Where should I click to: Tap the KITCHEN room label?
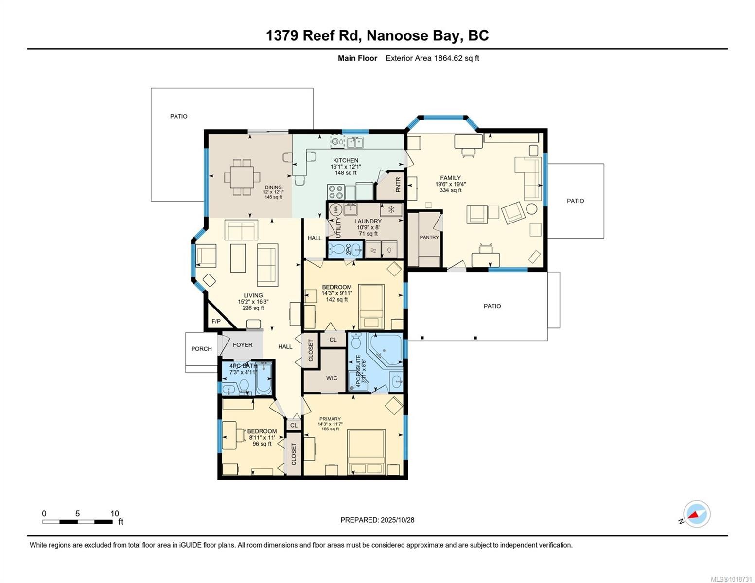click(x=345, y=160)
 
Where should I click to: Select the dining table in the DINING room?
click(x=242, y=177)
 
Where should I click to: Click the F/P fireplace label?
click(x=216, y=322)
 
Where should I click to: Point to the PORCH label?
click(x=201, y=349)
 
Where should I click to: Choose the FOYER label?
click(x=243, y=345)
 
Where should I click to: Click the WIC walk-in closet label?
click(x=332, y=378)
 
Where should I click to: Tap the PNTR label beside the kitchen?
click(x=398, y=185)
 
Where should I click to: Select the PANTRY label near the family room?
click(x=429, y=237)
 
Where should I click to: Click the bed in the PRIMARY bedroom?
click(x=367, y=452)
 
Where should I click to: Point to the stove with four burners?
click(x=335, y=192)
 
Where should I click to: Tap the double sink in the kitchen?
click(x=355, y=142)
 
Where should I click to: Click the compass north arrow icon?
click(x=696, y=514)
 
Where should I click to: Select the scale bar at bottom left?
click(x=78, y=522)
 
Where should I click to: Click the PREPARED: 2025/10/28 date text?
click(x=377, y=520)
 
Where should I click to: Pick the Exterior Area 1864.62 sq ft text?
click(x=432, y=58)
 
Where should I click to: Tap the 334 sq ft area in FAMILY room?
click(x=450, y=190)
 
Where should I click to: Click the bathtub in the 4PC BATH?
click(x=264, y=377)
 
